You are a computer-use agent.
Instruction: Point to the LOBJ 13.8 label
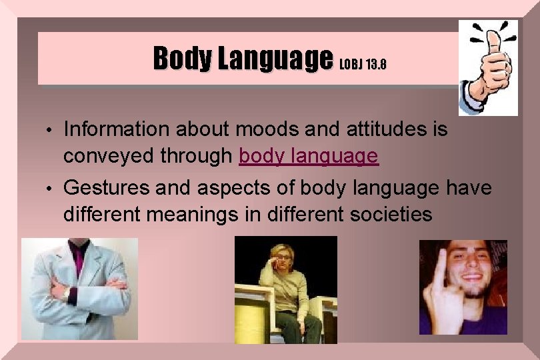[x=363, y=65]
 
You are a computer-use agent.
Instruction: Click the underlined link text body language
[x=309, y=156]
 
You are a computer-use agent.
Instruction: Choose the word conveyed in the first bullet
[x=107, y=156]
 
